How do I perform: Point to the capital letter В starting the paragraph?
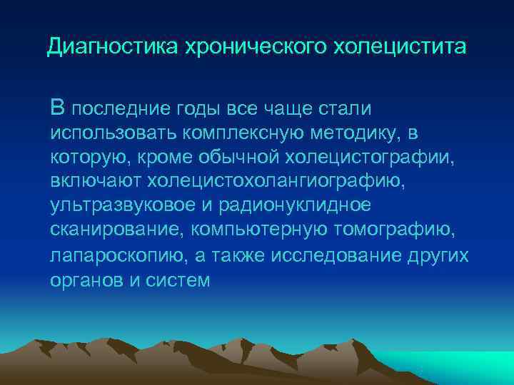coord(58,108)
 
